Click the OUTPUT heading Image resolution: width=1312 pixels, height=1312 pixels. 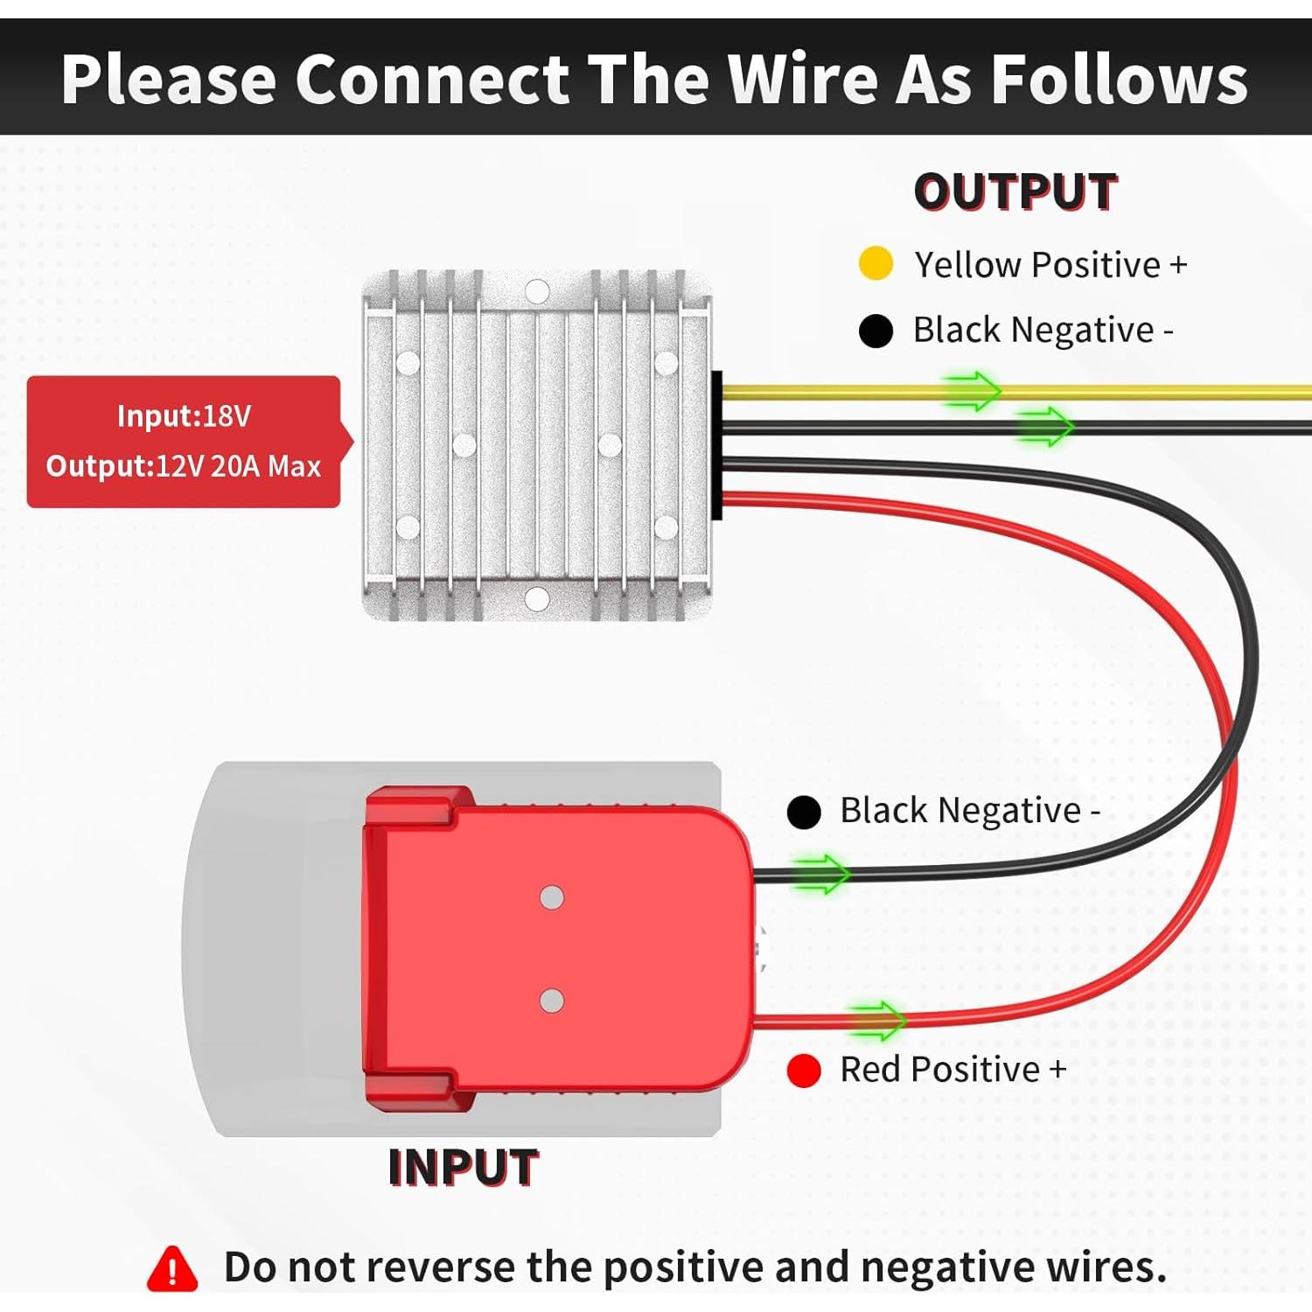click(1015, 192)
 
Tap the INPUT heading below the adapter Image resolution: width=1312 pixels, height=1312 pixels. click(463, 1168)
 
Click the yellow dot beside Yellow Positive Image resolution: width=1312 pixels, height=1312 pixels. click(876, 263)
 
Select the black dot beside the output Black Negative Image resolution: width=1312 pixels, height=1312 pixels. click(876, 331)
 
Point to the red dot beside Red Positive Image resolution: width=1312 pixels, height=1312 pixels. click(803, 1070)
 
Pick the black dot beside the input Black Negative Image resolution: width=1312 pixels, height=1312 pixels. click(803, 812)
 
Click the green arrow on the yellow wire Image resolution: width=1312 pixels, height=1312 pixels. click(971, 390)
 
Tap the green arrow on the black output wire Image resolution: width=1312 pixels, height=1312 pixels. click(1044, 427)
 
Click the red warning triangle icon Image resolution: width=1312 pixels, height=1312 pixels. click(172, 1268)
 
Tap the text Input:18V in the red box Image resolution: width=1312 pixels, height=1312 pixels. click(184, 416)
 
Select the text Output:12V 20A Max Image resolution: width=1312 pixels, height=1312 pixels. click(184, 466)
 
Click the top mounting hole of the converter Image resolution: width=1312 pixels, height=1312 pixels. click(537, 291)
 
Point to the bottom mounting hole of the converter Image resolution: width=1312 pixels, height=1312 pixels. click(537, 599)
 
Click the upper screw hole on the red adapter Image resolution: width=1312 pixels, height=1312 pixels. click(552, 897)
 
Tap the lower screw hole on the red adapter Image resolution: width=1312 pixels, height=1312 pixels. click(552, 1001)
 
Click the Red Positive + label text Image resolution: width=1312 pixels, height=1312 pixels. click(953, 1070)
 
